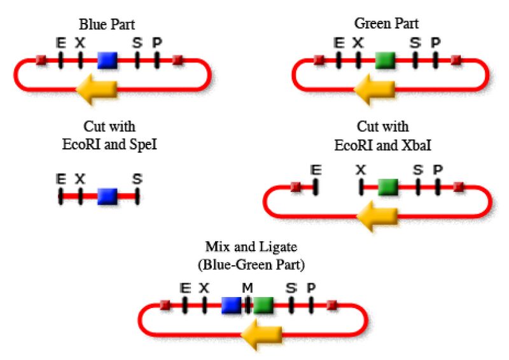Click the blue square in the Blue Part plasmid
click(108, 60)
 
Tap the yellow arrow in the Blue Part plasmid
click(96, 92)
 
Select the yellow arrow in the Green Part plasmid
click(373, 92)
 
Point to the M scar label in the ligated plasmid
click(247, 288)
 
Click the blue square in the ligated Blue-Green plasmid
click(231, 305)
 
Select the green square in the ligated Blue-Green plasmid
click(263, 305)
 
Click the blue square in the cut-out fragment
click(108, 196)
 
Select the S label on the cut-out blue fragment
click(137, 179)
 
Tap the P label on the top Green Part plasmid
click(435, 43)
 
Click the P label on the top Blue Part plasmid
click(157, 43)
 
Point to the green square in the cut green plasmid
click(387, 187)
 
